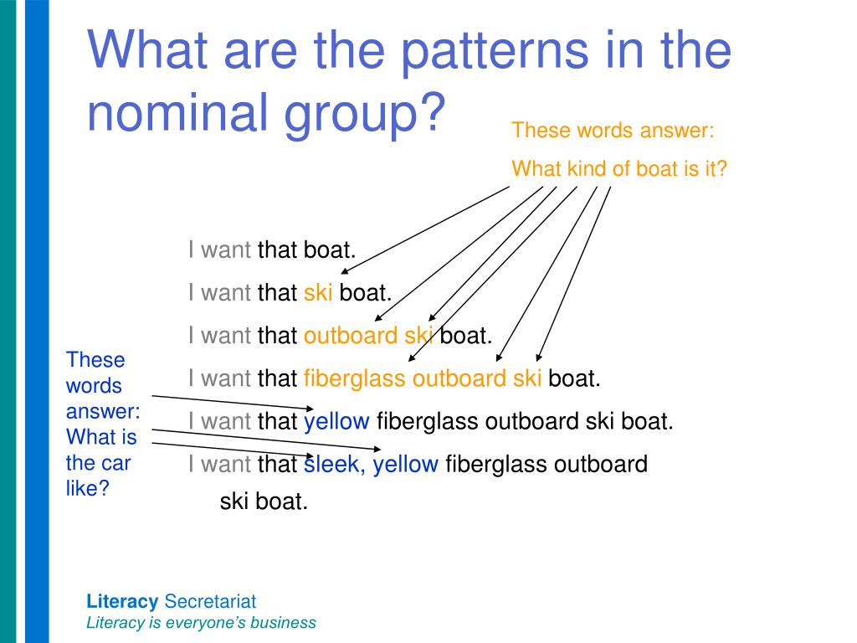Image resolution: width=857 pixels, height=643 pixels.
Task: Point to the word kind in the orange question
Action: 586,168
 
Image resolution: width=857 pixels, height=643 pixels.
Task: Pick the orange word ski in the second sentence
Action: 318,292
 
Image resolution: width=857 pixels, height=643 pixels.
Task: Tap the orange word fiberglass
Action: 356,378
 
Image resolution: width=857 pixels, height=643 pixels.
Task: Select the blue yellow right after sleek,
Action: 406,464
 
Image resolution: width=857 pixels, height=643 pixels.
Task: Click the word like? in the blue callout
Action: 88,489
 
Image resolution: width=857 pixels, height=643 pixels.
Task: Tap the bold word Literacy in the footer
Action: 122,601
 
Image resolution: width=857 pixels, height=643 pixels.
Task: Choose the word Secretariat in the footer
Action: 210,601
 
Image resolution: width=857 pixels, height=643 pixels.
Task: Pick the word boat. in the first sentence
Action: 330,249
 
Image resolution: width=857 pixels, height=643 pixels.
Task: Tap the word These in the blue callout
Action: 95,360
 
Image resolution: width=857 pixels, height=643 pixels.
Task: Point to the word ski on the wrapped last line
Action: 234,502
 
